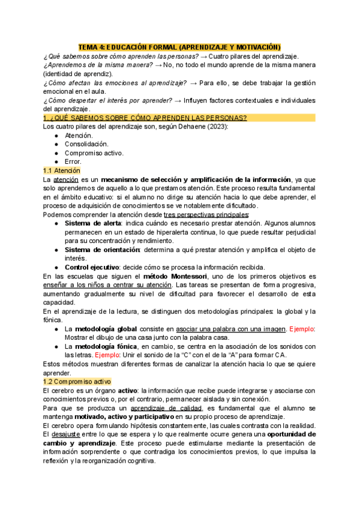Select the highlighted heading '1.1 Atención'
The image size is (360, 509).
tap(62, 170)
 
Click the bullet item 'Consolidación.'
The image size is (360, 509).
tap(87, 144)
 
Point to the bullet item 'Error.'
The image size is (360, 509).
tap(74, 161)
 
